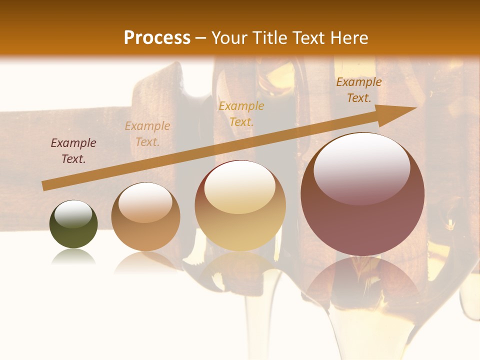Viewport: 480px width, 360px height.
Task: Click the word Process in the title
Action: pyautogui.click(x=157, y=38)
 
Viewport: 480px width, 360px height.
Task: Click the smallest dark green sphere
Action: pyautogui.click(x=73, y=224)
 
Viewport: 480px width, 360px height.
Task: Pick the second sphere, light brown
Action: pyautogui.click(x=145, y=217)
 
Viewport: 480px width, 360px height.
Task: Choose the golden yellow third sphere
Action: pyautogui.click(x=240, y=205)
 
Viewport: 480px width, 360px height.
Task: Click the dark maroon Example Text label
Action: pyautogui.click(x=73, y=151)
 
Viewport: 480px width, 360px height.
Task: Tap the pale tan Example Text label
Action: pyautogui.click(x=147, y=134)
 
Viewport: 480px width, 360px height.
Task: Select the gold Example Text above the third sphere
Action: pyautogui.click(x=241, y=113)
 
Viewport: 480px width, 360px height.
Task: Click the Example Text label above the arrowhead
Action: pyautogui.click(x=359, y=90)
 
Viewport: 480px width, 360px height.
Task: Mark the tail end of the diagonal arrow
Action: pyautogui.click(x=44, y=186)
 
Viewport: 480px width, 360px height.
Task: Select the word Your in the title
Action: pyautogui.click(x=228, y=38)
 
